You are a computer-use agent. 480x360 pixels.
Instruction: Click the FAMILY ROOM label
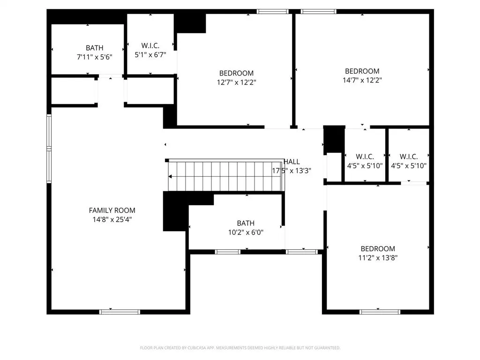[x=112, y=210]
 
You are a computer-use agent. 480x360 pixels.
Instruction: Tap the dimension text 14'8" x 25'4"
[x=112, y=219]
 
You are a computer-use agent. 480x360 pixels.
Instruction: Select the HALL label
[x=292, y=162]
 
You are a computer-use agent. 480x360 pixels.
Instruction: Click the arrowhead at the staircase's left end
[x=170, y=177]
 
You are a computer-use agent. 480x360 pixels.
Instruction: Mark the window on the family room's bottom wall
[x=120, y=311]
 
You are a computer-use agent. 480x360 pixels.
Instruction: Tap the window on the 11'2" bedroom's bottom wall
[x=380, y=311]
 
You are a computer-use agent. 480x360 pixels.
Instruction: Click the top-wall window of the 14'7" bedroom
[x=318, y=11]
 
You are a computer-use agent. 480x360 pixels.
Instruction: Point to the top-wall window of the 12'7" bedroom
[x=272, y=11]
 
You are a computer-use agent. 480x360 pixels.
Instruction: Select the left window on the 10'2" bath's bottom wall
[x=227, y=252]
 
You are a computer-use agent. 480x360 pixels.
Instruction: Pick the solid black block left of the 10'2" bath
[x=174, y=212]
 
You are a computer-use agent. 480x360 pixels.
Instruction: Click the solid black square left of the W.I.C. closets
[x=334, y=139]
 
